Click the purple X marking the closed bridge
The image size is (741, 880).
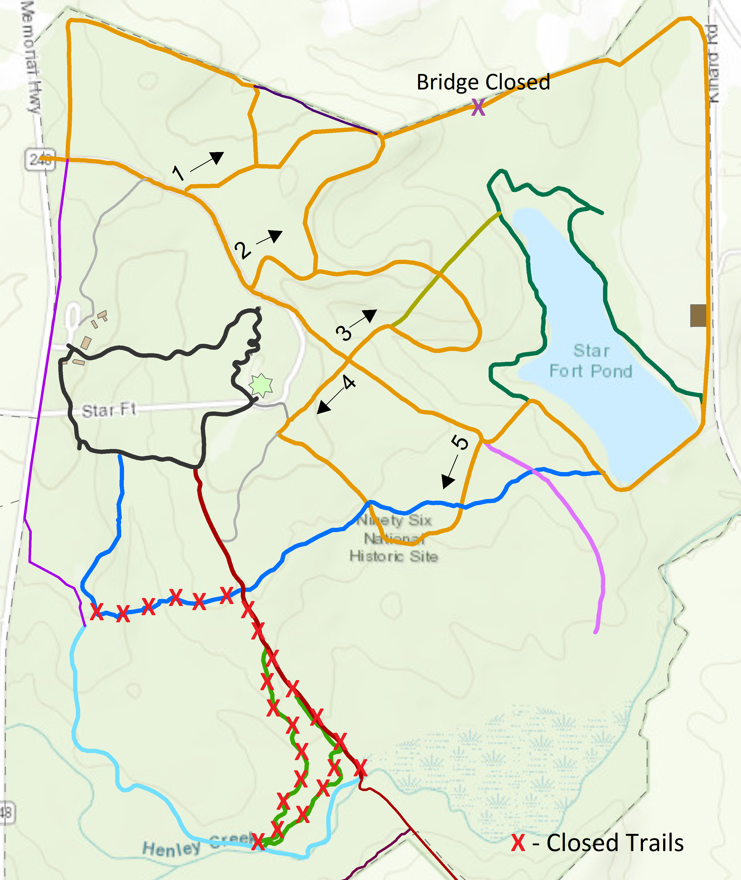coord(478,107)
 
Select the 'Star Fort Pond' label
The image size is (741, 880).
coord(591,361)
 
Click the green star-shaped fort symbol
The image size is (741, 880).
coord(261,385)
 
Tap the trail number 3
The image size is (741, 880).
coord(344,333)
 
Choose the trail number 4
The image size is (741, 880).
coord(349,382)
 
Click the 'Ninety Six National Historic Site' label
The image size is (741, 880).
coord(394,538)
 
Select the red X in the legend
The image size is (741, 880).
coord(518,843)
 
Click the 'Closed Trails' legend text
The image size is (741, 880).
coord(615,843)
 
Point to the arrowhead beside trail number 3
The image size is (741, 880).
coord(370,315)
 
